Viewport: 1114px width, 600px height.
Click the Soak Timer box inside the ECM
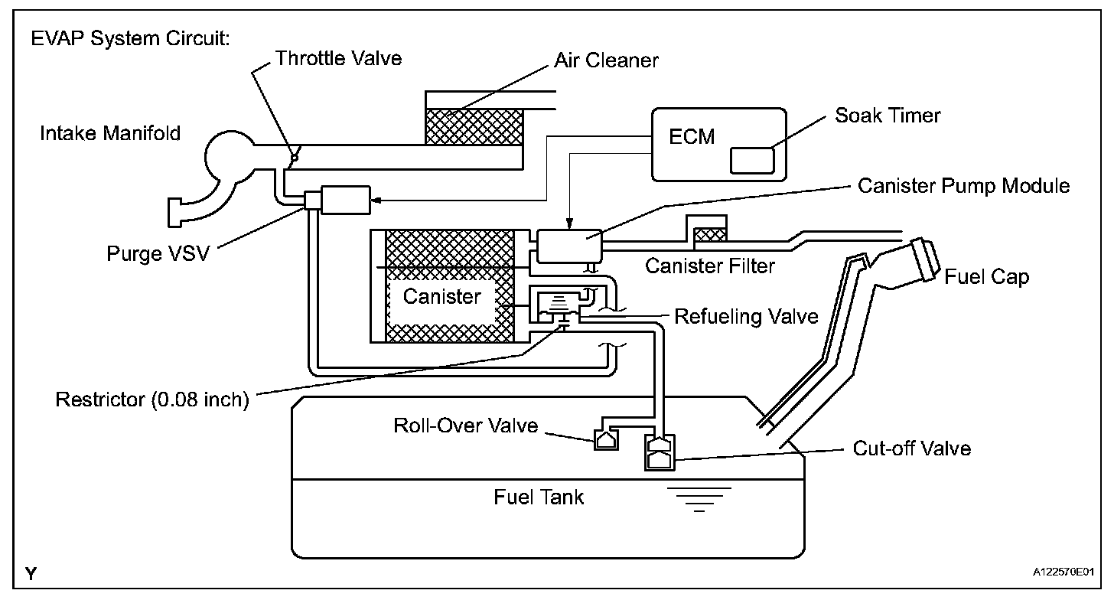pyautogui.click(x=753, y=161)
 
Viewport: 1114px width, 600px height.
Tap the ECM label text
pyautogui.click(x=692, y=136)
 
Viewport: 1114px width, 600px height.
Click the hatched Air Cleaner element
pyautogui.click(x=474, y=126)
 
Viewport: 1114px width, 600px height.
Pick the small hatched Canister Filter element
pyautogui.click(x=711, y=233)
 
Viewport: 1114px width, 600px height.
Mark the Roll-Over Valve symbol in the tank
pyautogui.click(x=604, y=440)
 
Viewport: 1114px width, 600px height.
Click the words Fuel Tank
pyautogui.click(x=539, y=497)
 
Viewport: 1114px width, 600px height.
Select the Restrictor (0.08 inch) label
pyautogui.click(x=152, y=400)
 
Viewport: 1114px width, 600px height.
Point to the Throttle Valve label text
pyautogui.click(x=338, y=58)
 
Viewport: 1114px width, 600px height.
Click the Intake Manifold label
pyautogui.click(x=110, y=134)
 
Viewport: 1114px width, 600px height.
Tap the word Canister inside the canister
pyautogui.click(x=441, y=296)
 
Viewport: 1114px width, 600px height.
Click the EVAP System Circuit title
pyautogui.click(x=130, y=39)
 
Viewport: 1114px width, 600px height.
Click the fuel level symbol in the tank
pyautogui.click(x=699, y=498)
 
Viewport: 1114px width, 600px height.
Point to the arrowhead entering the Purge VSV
pyautogui.click(x=375, y=201)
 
